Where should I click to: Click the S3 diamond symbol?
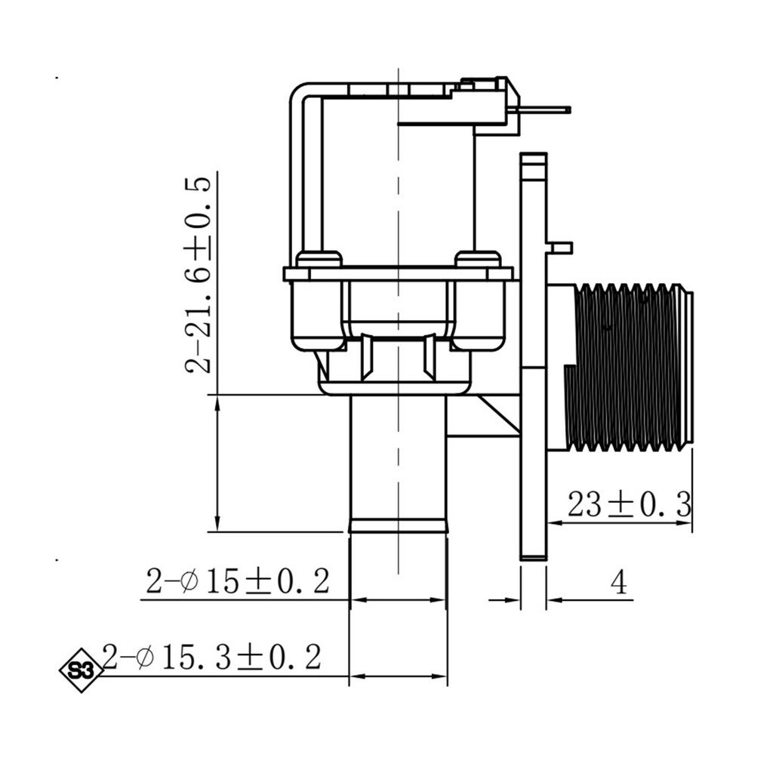click(82, 670)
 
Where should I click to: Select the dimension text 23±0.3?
click(629, 504)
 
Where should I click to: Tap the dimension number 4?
click(619, 582)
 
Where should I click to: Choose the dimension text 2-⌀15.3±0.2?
click(212, 657)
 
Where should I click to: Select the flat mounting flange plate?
click(534, 356)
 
